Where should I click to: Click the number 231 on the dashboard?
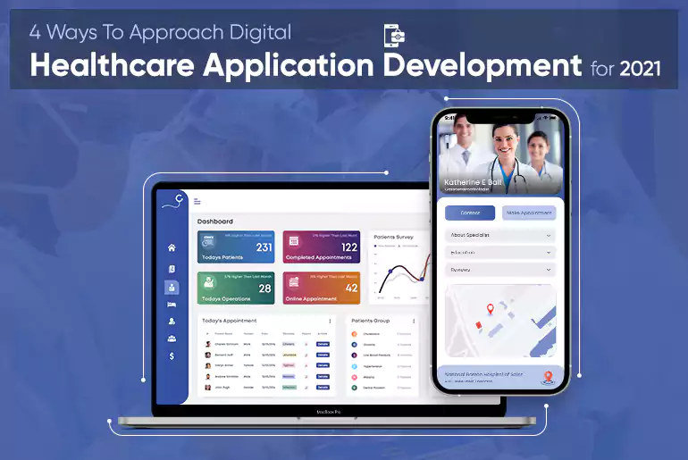point(264,247)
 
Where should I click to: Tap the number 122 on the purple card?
point(348,247)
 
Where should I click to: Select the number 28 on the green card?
point(264,289)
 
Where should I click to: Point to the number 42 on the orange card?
point(350,289)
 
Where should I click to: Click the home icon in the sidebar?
point(172,247)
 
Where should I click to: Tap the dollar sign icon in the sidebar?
point(172,355)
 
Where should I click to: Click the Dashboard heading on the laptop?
point(215,221)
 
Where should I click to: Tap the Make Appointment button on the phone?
point(529,213)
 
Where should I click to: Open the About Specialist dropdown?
point(499,236)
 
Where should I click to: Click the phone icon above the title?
point(394,35)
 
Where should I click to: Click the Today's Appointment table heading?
point(230,320)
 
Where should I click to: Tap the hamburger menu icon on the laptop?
point(197,202)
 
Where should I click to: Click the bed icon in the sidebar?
point(172,305)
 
